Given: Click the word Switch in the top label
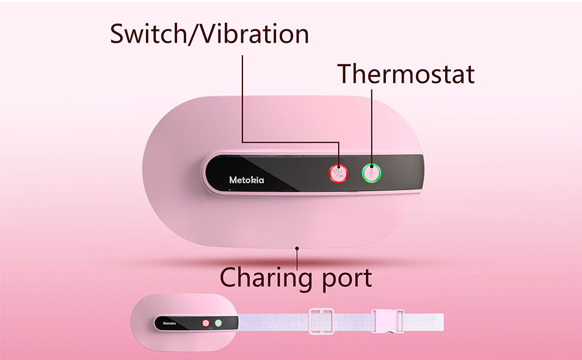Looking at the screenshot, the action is (x=146, y=34).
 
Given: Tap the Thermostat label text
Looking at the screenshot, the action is (x=406, y=73).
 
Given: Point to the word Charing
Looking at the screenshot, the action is (x=265, y=277).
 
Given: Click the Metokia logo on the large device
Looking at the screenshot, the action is (x=250, y=179).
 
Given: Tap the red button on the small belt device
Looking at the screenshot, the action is (x=205, y=323).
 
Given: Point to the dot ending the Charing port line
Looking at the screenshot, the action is (x=296, y=247).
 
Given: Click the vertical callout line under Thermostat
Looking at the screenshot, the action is (x=371, y=126).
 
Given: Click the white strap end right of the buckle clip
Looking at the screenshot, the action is (x=423, y=323).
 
